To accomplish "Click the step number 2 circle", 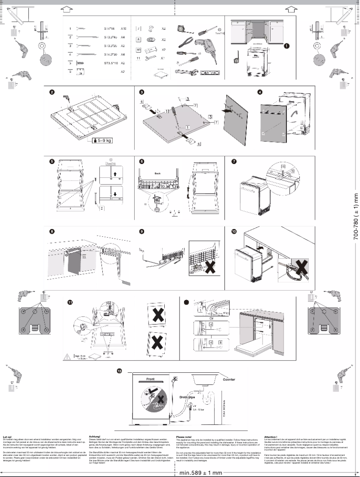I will coord(53,93).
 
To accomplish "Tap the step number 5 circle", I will coord(53,161).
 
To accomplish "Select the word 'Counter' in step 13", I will coord(229,379).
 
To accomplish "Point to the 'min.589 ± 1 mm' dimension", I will coord(201,473).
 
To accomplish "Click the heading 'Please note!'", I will coord(184,436).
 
